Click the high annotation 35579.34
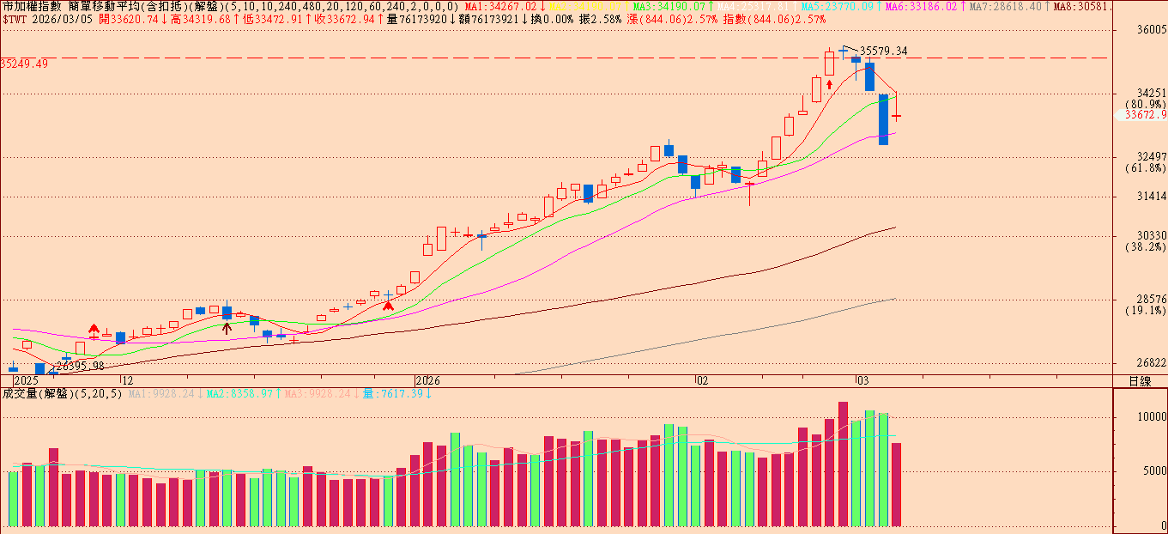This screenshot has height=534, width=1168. click(x=883, y=52)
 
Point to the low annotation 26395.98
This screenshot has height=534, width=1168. click(x=81, y=366)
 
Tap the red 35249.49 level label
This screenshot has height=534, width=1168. click(x=24, y=64)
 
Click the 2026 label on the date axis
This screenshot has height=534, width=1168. click(x=427, y=379)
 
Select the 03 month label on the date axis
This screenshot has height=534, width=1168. click(x=862, y=379)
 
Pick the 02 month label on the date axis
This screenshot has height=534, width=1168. click(x=701, y=379)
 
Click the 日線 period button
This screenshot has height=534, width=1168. click(x=1140, y=380)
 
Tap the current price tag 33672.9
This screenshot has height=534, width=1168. click(x=1146, y=115)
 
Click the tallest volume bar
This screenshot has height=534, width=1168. click(x=843, y=464)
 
